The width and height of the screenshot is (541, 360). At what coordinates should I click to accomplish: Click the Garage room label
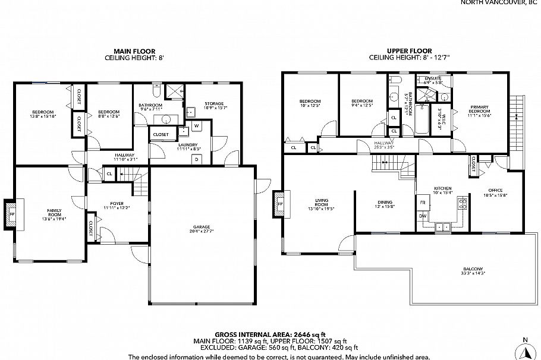[201, 226]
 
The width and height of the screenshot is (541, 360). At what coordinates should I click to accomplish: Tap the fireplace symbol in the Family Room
[12, 214]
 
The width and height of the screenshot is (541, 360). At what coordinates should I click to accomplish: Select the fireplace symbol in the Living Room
[280, 206]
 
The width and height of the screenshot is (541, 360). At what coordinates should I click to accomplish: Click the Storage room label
[214, 103]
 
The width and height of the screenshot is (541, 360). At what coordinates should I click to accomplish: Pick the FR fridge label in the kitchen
[423, 203]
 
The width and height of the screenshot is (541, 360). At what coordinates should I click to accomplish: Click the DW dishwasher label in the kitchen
[423, 216]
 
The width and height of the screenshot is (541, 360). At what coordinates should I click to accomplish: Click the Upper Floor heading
[409, 51]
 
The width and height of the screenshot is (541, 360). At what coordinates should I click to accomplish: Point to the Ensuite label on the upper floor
[432, 78]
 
